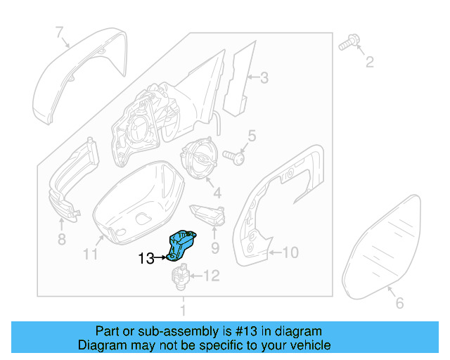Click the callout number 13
click(146, 259)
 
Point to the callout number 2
click(369, 64)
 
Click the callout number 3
click(264, 78)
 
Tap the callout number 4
click(217, 192)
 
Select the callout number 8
click(62, 240)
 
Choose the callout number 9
click(215, 247)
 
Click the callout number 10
click(290, 250)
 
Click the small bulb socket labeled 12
click(179, 278)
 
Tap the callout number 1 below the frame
click(183, 310)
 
